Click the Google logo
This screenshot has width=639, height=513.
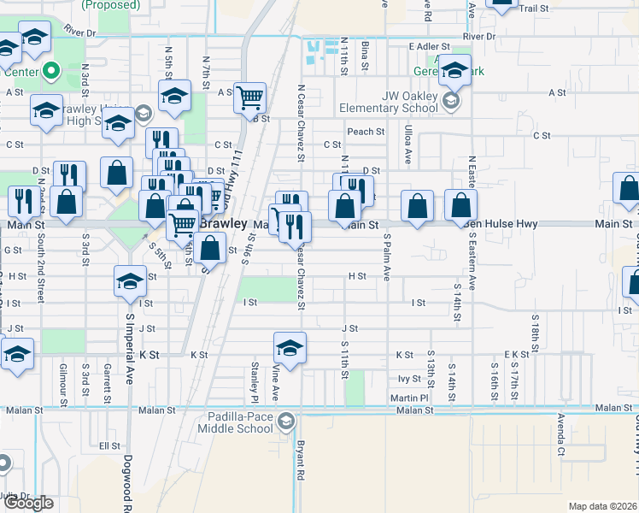coord(28,503)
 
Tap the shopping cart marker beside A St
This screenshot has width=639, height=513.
coord(249,97)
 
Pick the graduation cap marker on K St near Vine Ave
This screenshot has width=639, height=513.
coord(290,348)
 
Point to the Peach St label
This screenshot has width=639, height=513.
coord(366,132)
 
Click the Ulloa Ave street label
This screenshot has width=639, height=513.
coord(408,143)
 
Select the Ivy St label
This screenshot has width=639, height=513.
coord(410,378)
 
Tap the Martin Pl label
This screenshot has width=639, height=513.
coord(411,398)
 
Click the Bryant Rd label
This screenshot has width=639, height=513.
coord(301,459)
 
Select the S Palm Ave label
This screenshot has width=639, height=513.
coord(387,256)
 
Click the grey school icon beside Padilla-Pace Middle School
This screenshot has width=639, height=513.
coord(286,421)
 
